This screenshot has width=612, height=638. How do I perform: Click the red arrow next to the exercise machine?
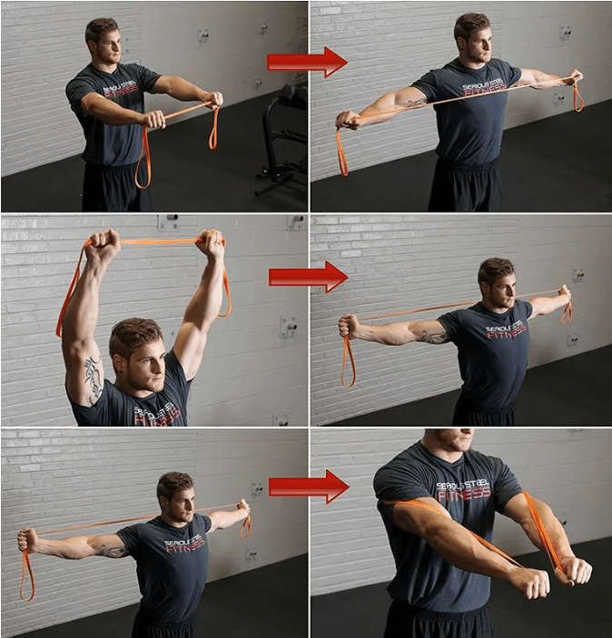pyautogui.click(x=306, y=62)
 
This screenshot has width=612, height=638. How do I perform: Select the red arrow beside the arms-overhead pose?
pyautogui.click(x=308, y=276)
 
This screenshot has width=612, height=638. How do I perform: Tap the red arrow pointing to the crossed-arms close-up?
pyautogui.click(x=308, y=486)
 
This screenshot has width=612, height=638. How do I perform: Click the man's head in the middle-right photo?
pyautogui.click(x=496, y=283)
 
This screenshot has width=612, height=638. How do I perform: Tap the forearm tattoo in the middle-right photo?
pyautogui.click(x=432, y=338)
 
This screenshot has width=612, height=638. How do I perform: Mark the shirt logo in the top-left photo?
pyautogui.click(x=123, y=92)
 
